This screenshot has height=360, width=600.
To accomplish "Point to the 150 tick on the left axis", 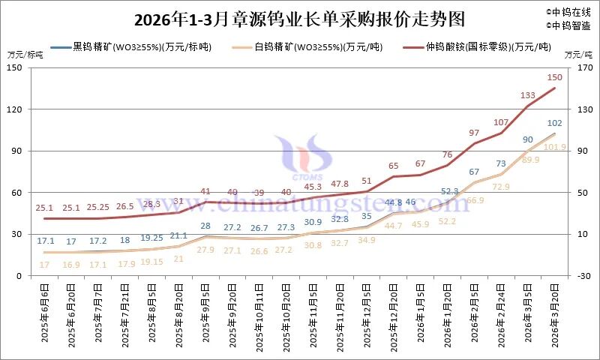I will click(x=16, y=67).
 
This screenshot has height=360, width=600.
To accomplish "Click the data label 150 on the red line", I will click(x=555, y=77).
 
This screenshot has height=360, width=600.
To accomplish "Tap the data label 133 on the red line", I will click(x=527, y=95).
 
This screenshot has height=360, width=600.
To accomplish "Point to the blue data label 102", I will click(x=555, y=124).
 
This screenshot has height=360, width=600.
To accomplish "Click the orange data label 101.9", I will click(x=555, y=147).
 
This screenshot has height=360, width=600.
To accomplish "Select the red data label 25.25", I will click(x=98, y=207).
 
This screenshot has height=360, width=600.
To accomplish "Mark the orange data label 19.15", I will click(x=152, y=262).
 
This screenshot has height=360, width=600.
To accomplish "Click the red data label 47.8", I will click(x=340, y=184).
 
